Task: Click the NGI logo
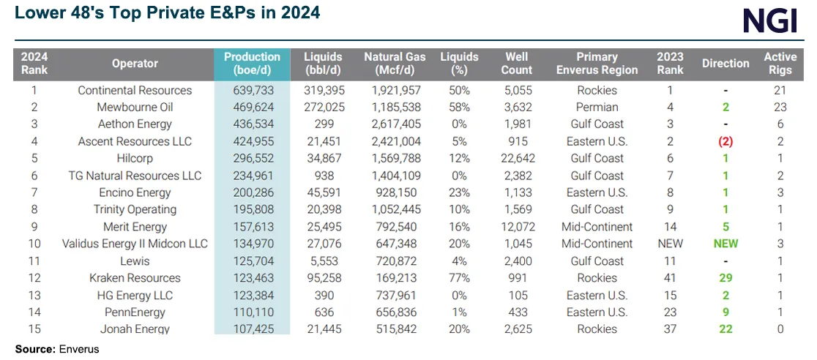click(x=770, y=20)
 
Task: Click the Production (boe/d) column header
click(x=252, y=64)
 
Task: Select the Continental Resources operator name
click(x=135, y=91)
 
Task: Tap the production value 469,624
click(x=252, y=108)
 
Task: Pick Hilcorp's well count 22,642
click(x=516, y=159)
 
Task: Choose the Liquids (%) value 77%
click(x=459, y=278)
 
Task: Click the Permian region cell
click(x=597, y=108)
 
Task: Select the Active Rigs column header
click(x=780, y=64)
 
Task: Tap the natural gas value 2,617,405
click(x=395, y=125)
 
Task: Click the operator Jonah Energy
click(x=135, y=329)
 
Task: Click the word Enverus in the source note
click(x=78, y=349)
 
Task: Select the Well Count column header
click(x=516, y=64)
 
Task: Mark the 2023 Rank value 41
click(x=670, y=278)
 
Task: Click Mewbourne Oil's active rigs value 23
click(x=780, y=108)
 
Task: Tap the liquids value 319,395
click(x=323, y=91)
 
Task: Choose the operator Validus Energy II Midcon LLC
click(x=135, y=244)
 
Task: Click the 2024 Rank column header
click(x=34, y=64)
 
